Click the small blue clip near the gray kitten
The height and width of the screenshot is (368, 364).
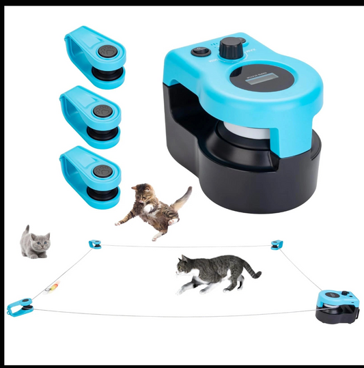95,244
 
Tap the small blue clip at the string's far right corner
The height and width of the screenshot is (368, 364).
276,244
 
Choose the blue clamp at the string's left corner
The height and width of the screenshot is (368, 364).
18,308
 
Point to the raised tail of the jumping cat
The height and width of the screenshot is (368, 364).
182,197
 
